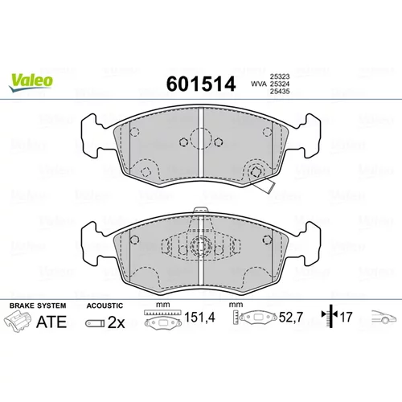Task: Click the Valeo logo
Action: pos(31,82)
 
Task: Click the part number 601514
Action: pos(201,84)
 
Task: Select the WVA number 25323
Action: pos(280,76)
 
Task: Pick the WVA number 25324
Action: pos(280,84)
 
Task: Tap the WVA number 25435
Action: pos(280,92)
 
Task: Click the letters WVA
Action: pos(259,84)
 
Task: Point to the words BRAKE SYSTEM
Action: pos(38,306)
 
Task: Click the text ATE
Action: pos(51,322)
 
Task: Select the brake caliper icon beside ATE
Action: pos(17,322)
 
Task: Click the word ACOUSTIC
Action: pos(105,306)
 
